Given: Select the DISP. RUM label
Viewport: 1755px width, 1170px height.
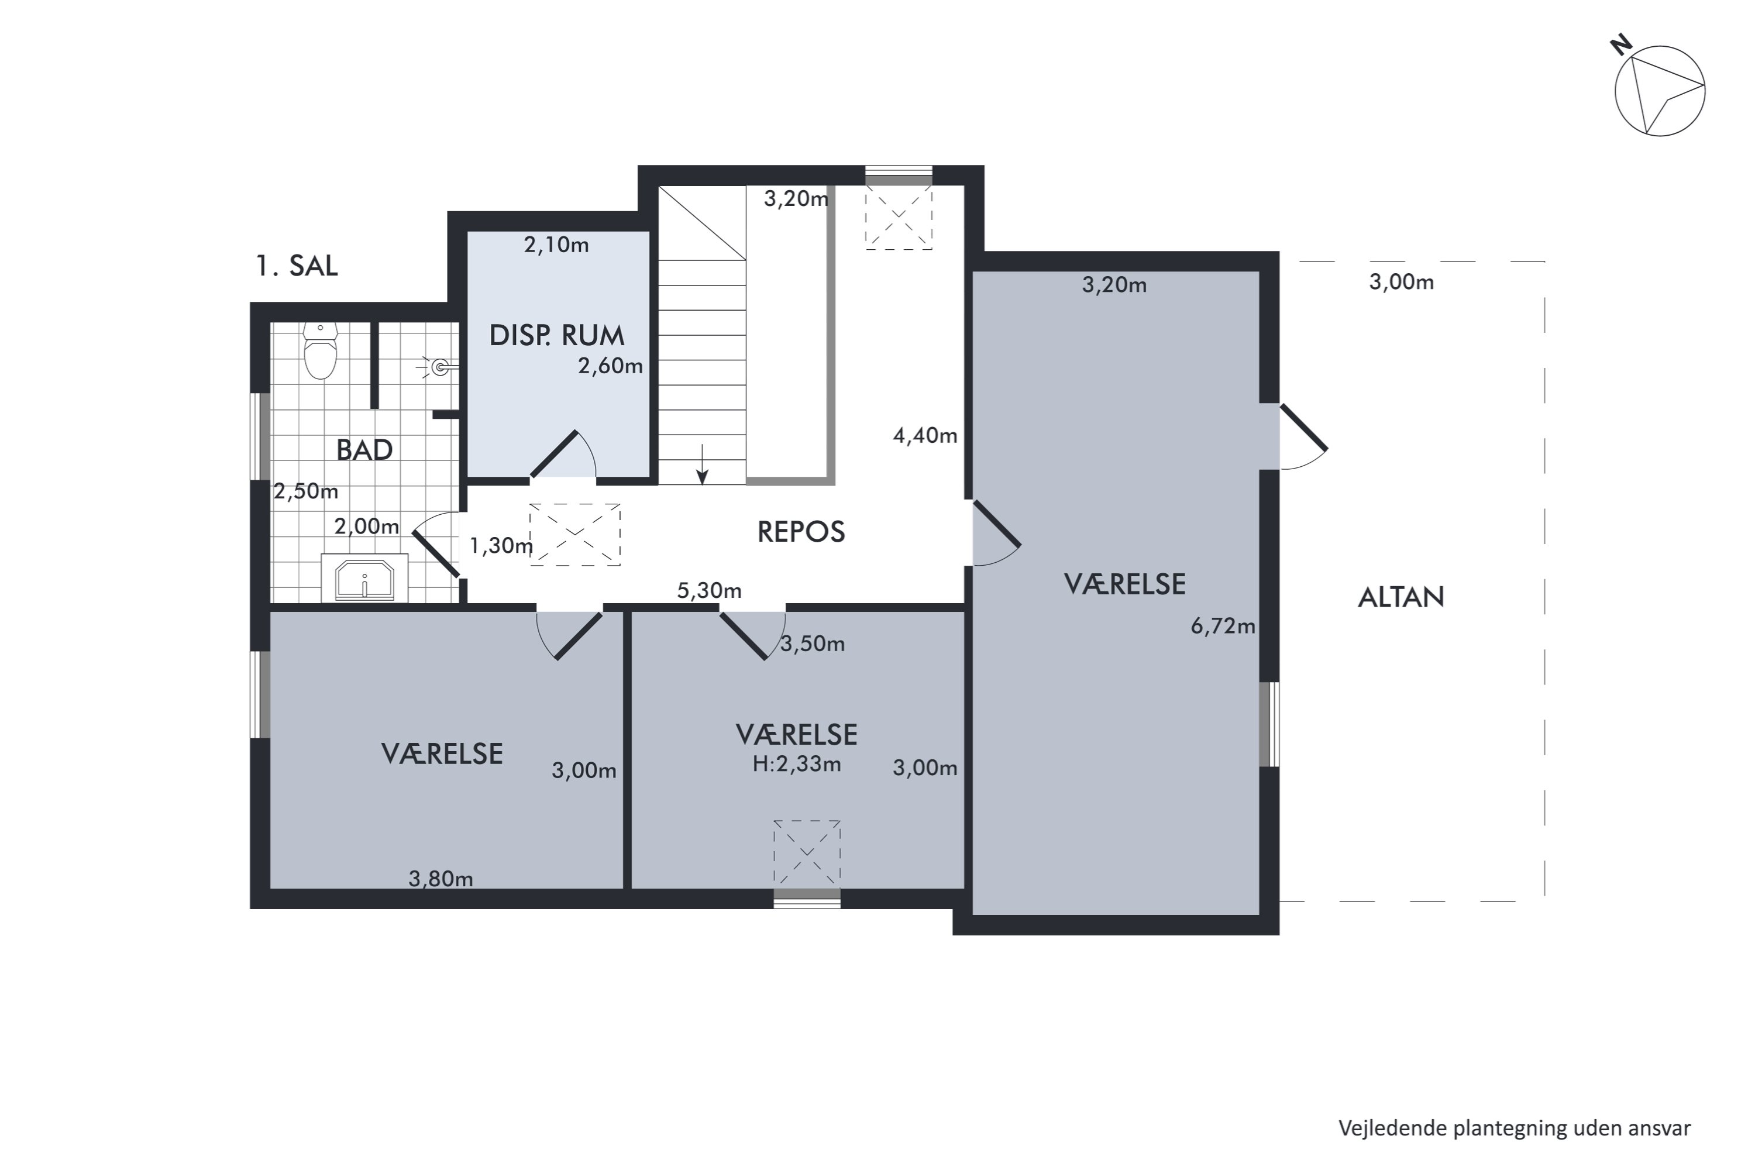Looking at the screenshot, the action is click(x=557, y=336).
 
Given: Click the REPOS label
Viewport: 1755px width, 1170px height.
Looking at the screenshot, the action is click(x=801, y=532).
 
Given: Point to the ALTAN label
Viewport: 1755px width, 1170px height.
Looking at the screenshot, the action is click(x=1400, y=597).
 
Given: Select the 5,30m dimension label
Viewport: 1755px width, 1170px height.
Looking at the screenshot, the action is click(x=709, y=591).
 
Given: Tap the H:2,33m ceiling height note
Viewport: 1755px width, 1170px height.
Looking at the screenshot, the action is click(x=796, y=764).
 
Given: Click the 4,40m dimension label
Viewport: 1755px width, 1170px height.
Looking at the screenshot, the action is click(x=925, y=436).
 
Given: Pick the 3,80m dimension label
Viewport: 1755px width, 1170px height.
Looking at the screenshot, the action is click(x=441, y=879).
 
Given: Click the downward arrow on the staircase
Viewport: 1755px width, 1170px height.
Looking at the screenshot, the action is click(x=701, y=464).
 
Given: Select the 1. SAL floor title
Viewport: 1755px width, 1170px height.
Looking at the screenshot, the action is click(x=296, y=266).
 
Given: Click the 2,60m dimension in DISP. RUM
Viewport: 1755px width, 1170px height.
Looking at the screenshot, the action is click(x=610, y=366).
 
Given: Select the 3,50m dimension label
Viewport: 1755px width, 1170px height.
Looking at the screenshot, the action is click(x=813, y=644).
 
